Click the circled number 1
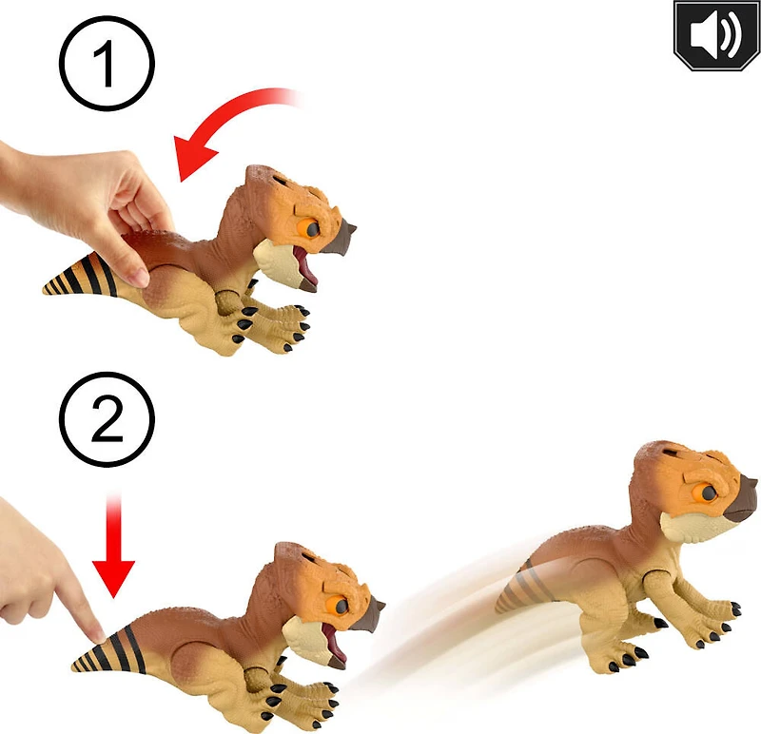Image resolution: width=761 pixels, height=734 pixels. [107, 63]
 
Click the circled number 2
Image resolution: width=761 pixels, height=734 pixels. [107, 419]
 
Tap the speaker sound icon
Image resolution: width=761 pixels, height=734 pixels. [716, 35]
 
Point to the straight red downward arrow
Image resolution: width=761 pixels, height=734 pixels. [113, 544]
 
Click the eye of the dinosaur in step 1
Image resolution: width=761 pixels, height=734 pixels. [311, 227]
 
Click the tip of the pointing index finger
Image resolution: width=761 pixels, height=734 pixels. [99, 635]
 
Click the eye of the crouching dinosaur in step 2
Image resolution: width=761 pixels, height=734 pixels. [339, 605]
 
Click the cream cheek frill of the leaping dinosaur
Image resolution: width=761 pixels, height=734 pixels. [683, 526]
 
